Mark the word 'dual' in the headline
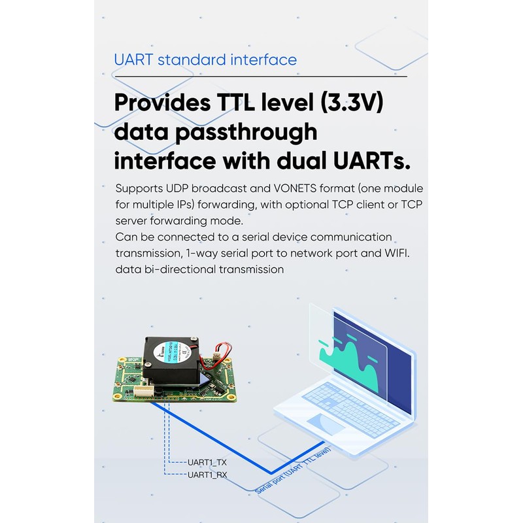pos(307,160)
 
